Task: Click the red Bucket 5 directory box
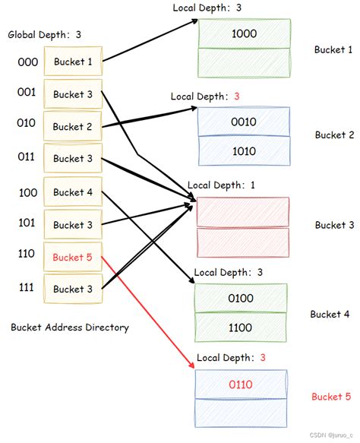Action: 73,258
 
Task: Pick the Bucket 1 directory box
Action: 73,62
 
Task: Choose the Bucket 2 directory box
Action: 73,127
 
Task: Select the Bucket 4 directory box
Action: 73,192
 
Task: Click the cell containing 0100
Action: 241,299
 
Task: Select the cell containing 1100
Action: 241,328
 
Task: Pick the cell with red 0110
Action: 242,385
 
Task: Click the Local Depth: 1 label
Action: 220,185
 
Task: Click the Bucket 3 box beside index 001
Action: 73,95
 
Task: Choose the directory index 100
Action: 27,193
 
